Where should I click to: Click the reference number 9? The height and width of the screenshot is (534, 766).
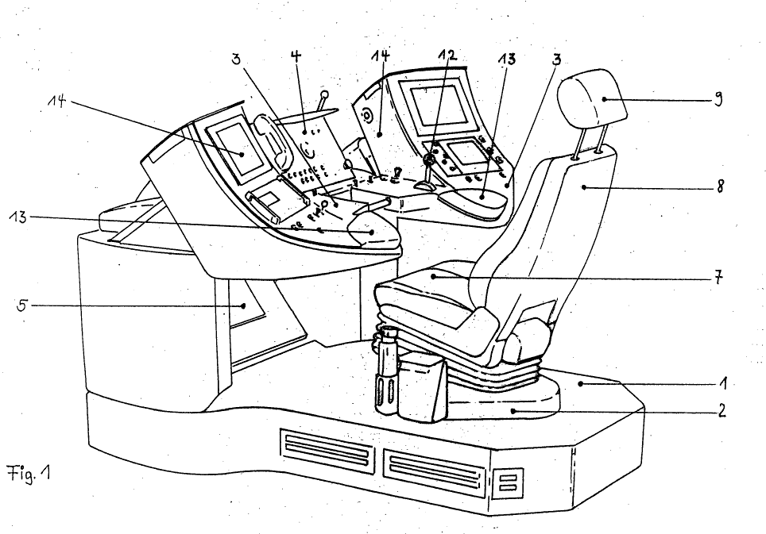pos(718,101)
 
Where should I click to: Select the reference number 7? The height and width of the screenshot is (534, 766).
pos(718,279)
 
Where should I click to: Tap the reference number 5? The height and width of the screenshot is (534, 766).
pos(22,304)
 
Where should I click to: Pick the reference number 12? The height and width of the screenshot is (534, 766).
pos(447,56)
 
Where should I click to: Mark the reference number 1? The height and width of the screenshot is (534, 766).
pos(722,384)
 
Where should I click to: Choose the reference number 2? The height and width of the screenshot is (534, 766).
pos(722,413)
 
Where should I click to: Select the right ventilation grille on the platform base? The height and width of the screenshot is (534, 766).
pos(434,468)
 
